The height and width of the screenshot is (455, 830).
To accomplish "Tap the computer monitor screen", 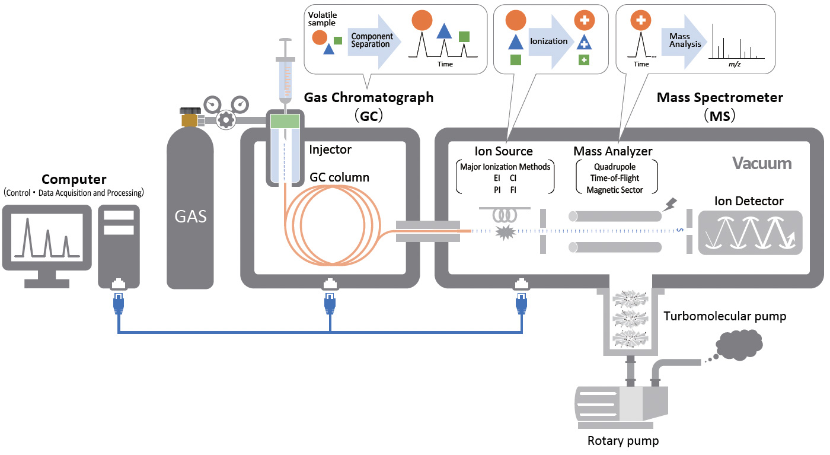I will (x=47, y=236).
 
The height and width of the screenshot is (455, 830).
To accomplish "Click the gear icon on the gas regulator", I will (x=226, y=119).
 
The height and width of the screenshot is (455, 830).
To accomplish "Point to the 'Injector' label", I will (x=330, y=149).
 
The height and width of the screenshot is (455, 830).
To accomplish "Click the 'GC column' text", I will (x=340, y=177).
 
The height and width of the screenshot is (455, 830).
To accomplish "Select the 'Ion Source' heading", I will (x=504, y=151).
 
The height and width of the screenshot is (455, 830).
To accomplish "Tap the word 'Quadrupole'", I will (x=615, y=166).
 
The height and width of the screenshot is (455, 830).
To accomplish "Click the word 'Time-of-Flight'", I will (x=615, y=178).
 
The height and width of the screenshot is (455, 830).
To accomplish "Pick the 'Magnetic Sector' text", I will (x=615, y=190).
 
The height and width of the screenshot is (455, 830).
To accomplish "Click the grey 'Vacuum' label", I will (x=762, y=163).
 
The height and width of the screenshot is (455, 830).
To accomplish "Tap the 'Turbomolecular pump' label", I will (x=725, y=316).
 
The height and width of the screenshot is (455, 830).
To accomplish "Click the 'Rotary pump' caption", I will (x=623, y=441).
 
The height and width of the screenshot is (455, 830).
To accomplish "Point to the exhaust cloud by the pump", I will (x=740, y=346).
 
